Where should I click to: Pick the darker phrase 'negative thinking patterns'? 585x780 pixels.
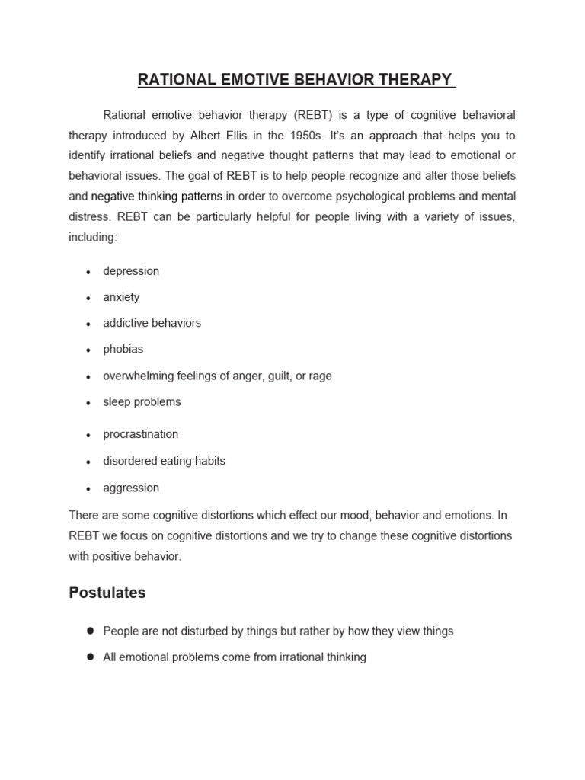point(157,196)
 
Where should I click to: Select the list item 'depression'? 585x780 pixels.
point(131,271)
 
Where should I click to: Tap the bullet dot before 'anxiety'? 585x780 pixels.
point(89,299)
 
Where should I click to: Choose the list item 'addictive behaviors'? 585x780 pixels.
point(152,323)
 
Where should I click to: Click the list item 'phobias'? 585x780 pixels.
point(123,349)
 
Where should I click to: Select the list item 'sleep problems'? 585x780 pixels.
point(142,401)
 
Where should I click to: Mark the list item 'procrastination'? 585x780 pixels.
point(140,434)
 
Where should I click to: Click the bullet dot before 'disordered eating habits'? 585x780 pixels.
point(89,462)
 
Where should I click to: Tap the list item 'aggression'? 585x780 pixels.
point(131,487)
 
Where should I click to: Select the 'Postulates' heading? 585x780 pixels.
point(107,592)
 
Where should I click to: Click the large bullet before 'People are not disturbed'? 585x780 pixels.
point(90,631)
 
